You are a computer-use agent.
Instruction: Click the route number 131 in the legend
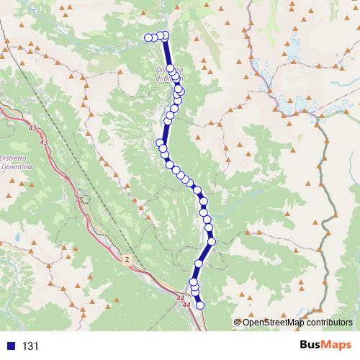click(30, 346)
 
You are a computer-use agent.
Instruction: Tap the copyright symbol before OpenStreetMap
click(238, 323)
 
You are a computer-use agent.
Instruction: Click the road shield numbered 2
click(126, 259)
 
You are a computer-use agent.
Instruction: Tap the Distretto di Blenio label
click(169, 73)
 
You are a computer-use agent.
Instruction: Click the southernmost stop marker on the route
click(200, 305)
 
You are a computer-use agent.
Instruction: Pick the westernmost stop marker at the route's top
click(148, 37)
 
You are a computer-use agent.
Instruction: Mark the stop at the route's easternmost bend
click(212, 240)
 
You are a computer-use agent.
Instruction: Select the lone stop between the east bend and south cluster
click(199, 264)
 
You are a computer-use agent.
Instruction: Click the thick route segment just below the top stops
click(168, 54)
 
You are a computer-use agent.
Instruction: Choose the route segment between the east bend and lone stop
click(205, 252)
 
